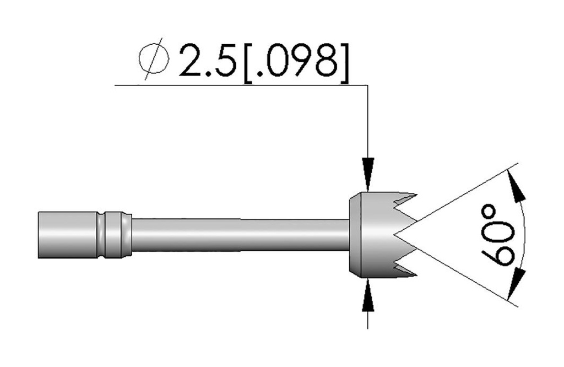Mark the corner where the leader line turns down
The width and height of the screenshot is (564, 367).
click(367, 85)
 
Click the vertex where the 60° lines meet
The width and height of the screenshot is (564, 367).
click(395, 235)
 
